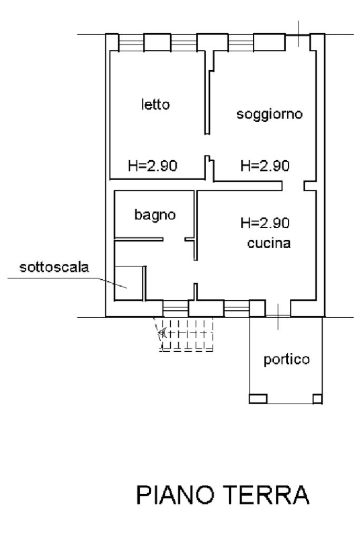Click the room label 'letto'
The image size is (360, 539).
pos(155,104)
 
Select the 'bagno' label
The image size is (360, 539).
pos(154,214)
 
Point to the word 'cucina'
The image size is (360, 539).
pos(269,244)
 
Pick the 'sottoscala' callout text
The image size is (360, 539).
pos(54,267)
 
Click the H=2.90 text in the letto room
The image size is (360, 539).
pos(153,166)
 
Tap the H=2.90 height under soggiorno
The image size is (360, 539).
pos(265,166)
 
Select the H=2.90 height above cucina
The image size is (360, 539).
pos(265,223)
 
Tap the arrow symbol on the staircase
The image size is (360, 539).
pos(162,333)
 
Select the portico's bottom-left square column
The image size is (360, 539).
pos(257,398)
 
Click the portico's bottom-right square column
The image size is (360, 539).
pos(317,398)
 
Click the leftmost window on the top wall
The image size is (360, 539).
pos(131,42)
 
